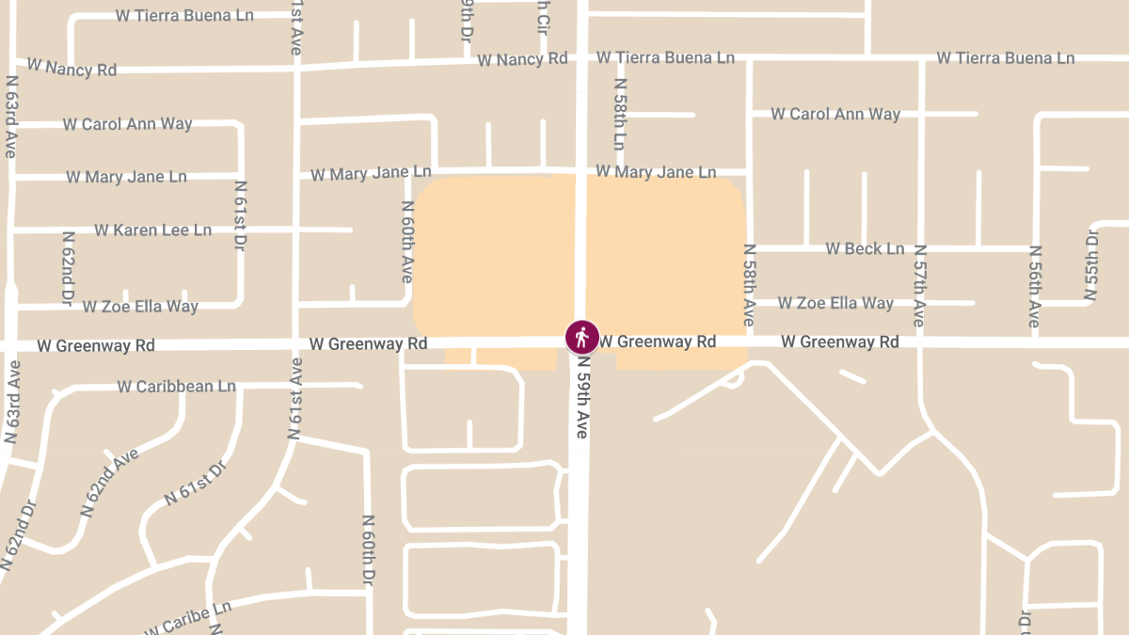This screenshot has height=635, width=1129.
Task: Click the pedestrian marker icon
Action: [581, 336]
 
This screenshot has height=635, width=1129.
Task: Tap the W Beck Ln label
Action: [865, 248]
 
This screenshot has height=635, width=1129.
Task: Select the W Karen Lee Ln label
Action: [152, 230]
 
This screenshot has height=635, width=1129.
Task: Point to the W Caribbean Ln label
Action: [177, 386]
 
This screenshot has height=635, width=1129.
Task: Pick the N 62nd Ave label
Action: [110, 481]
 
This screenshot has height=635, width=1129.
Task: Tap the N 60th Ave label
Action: [407, 242]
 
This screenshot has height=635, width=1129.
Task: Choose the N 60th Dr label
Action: [369, 548]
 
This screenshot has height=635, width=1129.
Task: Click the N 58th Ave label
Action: [749, 285]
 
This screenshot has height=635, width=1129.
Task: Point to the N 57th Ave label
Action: [919, 286]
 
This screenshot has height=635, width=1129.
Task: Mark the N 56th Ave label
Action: [1034, 286]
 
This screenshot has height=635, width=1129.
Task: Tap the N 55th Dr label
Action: [1091, 264]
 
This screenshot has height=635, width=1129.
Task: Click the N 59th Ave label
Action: [582, 396]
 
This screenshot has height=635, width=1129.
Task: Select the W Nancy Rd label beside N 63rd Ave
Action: [72, 67]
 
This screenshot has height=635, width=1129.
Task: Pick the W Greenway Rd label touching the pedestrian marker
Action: [658, 341]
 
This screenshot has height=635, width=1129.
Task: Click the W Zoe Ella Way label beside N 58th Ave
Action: [835, 303]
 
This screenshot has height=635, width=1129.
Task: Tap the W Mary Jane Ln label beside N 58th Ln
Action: [656, 172]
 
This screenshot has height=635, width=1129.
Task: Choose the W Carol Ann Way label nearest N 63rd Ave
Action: [127, 123]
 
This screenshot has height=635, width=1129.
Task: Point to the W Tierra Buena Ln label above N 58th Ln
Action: [666, 57]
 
